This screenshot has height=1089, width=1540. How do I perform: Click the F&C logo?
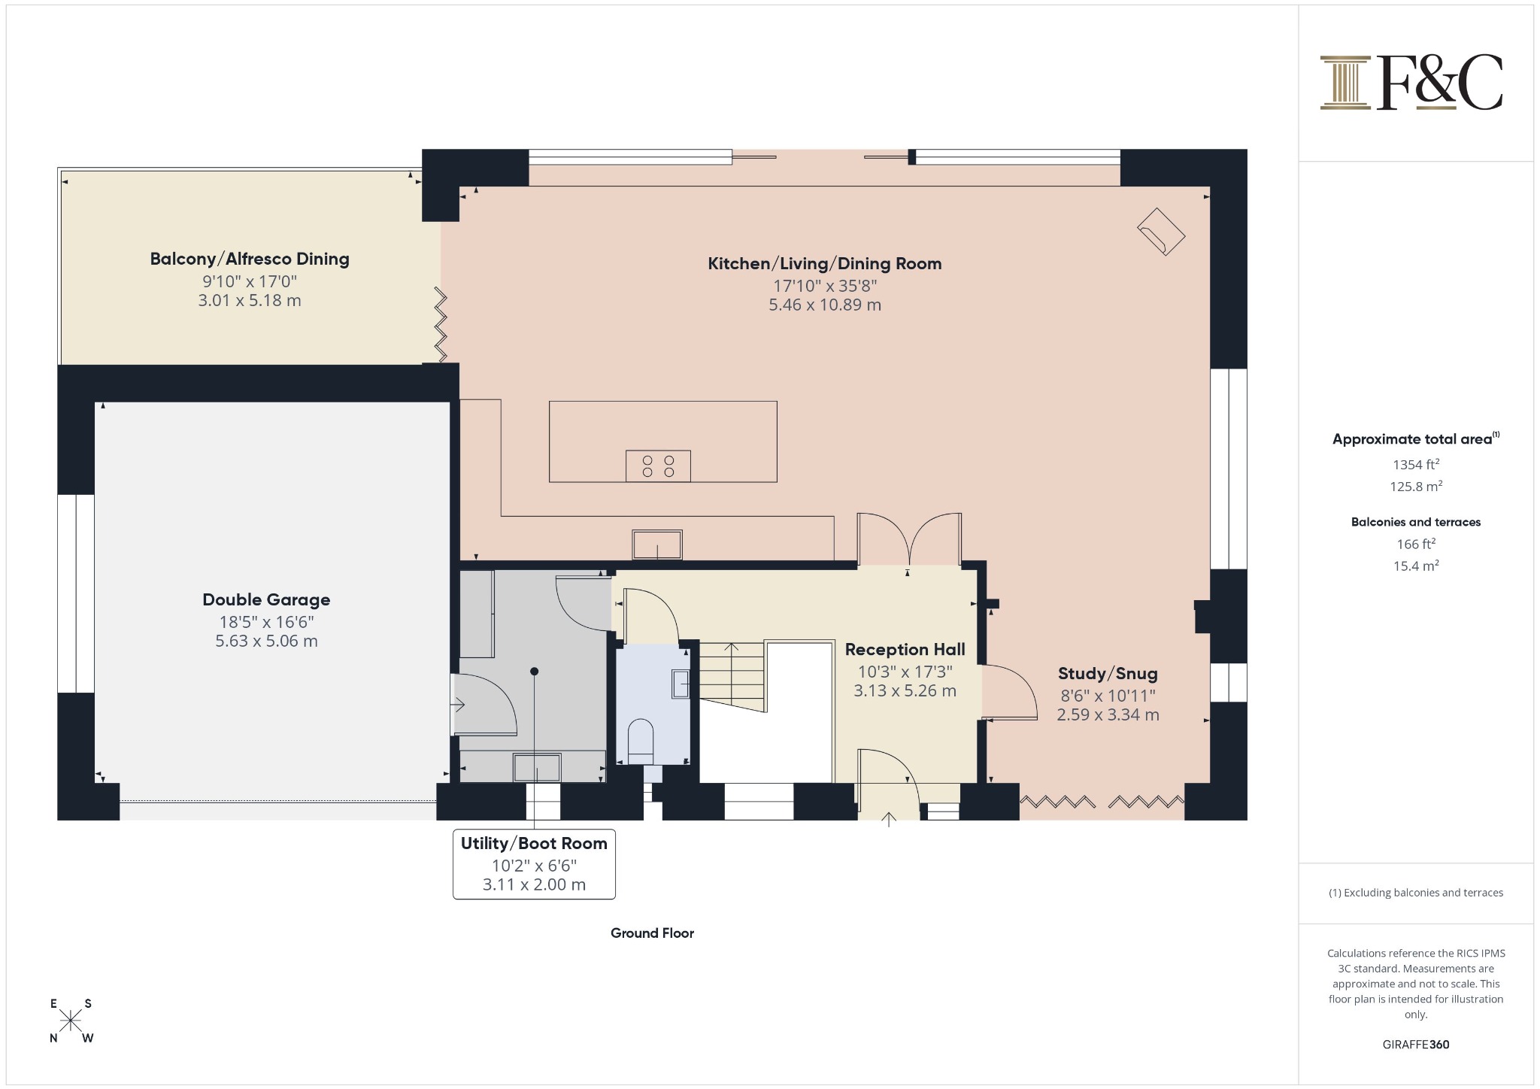(1411, 83)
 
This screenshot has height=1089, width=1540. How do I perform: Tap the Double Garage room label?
(266, 599)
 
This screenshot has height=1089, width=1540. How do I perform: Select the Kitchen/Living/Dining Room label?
(825, 263)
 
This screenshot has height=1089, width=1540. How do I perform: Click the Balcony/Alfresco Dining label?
(250, 259)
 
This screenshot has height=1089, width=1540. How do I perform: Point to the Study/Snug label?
(1108, 674)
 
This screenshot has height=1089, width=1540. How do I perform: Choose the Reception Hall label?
(905, 649)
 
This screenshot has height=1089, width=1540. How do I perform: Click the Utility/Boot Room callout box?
(534, 864)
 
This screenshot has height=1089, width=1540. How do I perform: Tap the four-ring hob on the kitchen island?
(658, 466)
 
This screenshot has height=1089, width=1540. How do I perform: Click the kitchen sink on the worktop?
(657, 544)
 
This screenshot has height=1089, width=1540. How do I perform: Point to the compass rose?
(71, 1021)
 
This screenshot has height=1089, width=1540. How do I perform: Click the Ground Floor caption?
(652, 933)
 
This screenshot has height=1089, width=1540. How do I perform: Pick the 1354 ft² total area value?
(1416, 465)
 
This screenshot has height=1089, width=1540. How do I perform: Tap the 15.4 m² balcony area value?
(1416, 566)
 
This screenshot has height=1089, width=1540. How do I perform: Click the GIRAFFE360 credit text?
(1416, 1044)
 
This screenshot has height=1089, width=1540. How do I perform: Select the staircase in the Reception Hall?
(732, 677)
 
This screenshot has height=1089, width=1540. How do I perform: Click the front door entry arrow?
(889, 820)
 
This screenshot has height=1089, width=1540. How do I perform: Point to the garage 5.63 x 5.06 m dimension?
(266, 641)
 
